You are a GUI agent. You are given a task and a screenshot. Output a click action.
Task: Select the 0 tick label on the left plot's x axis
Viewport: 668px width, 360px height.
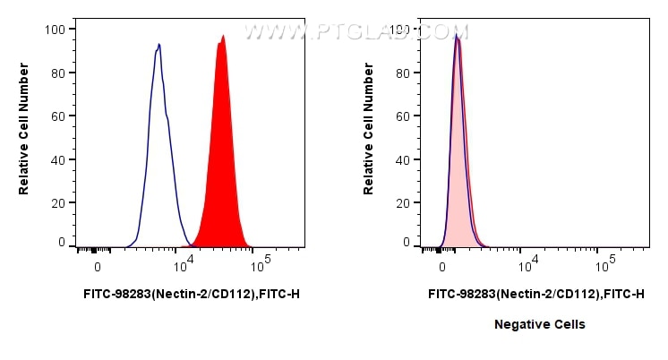click(98, 267)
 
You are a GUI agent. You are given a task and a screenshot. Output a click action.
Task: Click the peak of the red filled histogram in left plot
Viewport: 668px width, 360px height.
click(222, 38)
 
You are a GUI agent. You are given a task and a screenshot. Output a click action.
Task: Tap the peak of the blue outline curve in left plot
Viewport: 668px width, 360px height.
click(158, 45)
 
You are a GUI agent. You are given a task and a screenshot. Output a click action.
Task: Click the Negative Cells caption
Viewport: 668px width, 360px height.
click(539, 324)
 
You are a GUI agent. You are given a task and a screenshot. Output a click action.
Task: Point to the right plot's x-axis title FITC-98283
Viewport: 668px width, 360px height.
click(535, 293)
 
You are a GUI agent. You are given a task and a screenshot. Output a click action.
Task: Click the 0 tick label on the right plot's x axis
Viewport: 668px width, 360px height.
click(442, 267)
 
